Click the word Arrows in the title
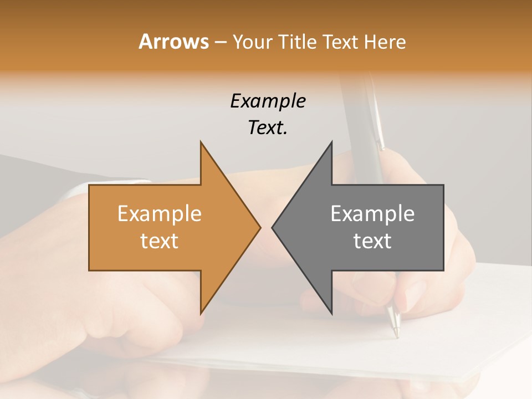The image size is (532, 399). pos(173,42)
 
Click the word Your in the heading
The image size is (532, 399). pos(253,42)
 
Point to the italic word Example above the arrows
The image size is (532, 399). pos(268,101)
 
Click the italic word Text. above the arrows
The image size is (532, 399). pos(268,128)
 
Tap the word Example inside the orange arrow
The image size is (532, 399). pos(160,213)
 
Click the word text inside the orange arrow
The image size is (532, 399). pos(160,241)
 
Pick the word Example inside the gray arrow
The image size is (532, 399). pos(372,213)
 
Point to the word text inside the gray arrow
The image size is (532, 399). pos(372,241)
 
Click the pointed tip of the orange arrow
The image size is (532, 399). pos(258,227)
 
